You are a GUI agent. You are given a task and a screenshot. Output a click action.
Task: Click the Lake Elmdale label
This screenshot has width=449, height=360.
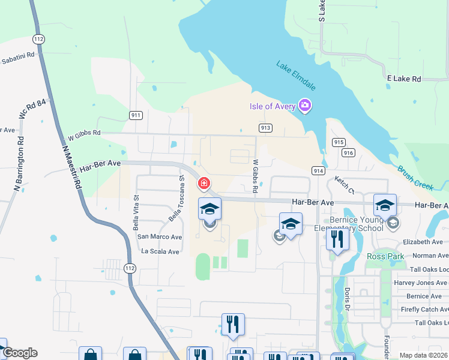296,74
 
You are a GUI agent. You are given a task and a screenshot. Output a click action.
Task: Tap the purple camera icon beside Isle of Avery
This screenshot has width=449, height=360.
306,106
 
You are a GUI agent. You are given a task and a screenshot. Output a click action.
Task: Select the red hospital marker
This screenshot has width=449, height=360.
204,182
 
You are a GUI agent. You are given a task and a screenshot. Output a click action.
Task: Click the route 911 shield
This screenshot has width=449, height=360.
135,115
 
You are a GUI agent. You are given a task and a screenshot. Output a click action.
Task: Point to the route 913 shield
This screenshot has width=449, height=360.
266,128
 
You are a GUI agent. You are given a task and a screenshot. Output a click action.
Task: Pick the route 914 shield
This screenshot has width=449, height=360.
318,171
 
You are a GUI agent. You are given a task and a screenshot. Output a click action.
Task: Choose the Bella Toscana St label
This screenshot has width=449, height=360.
176,199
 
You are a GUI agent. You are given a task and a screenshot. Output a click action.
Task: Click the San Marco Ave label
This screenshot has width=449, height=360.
160,237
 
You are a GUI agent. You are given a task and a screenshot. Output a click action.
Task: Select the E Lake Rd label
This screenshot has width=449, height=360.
404,79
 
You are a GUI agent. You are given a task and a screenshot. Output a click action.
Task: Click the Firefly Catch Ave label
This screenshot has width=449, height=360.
419,309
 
